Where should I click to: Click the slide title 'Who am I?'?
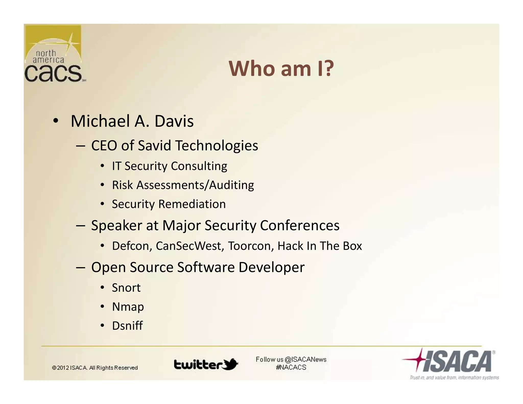click(281, 68)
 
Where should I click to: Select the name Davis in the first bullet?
click(174, 121)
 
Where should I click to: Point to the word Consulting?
click(199, 166)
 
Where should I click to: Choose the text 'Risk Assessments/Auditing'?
click(183, 185)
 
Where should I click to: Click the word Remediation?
click(192, 204)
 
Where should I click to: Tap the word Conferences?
click(300, 225)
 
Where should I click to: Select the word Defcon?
click(132, 246)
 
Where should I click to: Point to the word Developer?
click(271, 267)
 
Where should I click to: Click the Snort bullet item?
click(126, 288)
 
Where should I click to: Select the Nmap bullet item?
click(128, 307)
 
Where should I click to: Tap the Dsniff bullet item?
click(127, 326)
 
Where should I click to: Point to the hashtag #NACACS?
click(291, 367)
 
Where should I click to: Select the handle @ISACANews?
click(305, 360)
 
